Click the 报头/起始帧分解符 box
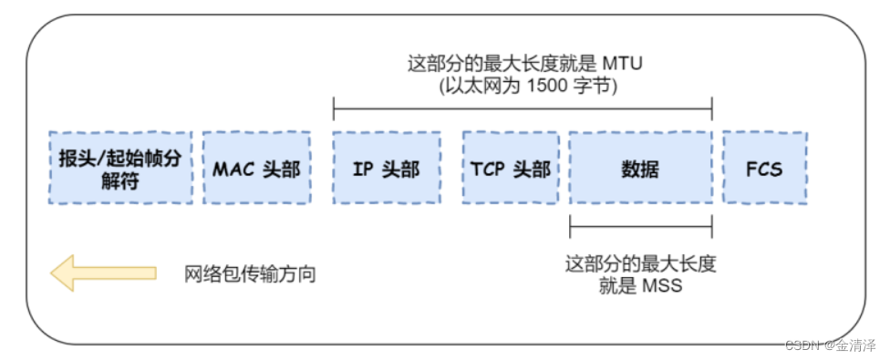[120, 168]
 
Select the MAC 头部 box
[256, 168]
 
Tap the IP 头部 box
[386, 168]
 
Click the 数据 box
[640, 168]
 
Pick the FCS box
[763, 168]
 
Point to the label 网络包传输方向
[250, 273]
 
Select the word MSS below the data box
[664, 286]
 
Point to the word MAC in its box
[232, 169]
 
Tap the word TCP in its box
[489, 169]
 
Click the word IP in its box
[363, 169]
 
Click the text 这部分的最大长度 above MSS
[640, 264]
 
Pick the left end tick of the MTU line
[334, 112]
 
